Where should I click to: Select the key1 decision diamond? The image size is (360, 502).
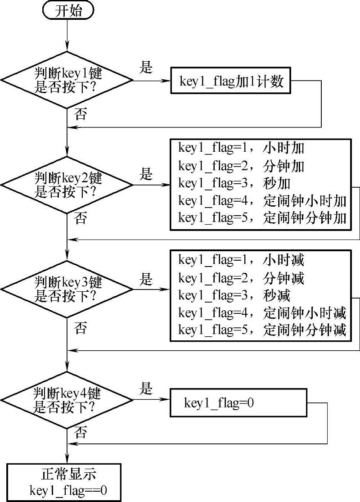tap(67, 80)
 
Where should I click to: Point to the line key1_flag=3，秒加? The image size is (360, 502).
tap(234, 184)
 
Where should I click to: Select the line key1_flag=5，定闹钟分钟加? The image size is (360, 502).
tap(262, 218)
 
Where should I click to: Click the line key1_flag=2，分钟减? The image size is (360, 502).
tap(241, 278)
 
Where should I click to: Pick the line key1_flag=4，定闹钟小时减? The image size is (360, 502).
tap(262, 313)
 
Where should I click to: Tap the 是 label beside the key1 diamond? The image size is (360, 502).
tap(146, 68)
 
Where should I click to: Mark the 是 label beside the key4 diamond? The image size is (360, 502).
tap(146, 389)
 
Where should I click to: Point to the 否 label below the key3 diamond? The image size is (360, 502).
tap(81, 328)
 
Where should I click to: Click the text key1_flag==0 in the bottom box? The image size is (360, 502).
tap(68, 489)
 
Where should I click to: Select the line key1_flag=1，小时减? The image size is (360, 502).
tap(241, 260)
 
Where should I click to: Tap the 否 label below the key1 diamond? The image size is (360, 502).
tap(81, 114)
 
